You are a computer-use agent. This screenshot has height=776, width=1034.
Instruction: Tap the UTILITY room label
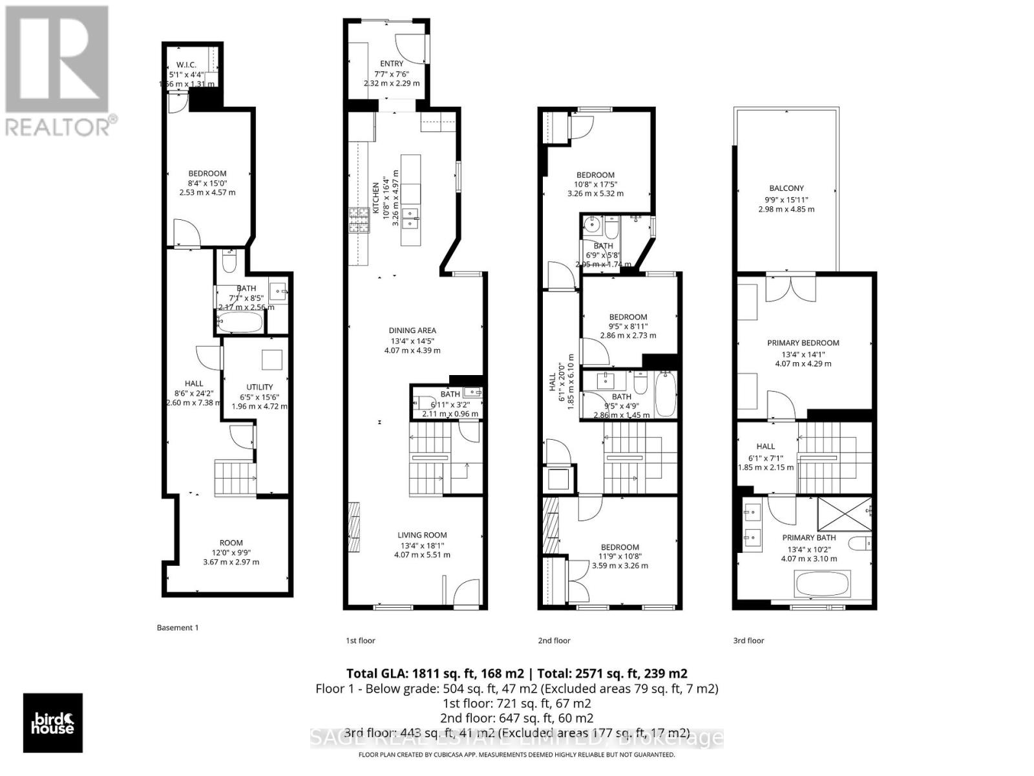259,387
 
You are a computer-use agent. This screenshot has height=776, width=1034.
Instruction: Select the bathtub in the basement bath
240,321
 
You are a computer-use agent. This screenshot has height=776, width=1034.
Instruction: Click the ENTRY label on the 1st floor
392,63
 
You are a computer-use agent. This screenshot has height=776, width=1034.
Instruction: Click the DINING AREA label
412,330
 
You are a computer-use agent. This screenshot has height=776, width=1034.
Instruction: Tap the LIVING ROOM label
422,535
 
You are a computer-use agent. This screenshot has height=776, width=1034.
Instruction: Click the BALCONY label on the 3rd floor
786,188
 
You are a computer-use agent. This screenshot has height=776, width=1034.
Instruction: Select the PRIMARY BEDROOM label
803,343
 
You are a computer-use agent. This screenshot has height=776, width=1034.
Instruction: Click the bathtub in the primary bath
819,584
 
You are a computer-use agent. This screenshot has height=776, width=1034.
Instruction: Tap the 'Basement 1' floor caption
178,627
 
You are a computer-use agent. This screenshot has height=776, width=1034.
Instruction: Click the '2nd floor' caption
554,640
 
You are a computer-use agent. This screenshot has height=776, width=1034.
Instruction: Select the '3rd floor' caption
748,640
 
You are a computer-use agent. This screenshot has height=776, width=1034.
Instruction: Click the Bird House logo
53,723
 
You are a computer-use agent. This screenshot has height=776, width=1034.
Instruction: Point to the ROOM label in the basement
231,543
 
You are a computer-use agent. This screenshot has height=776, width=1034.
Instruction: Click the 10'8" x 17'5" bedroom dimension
595,184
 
